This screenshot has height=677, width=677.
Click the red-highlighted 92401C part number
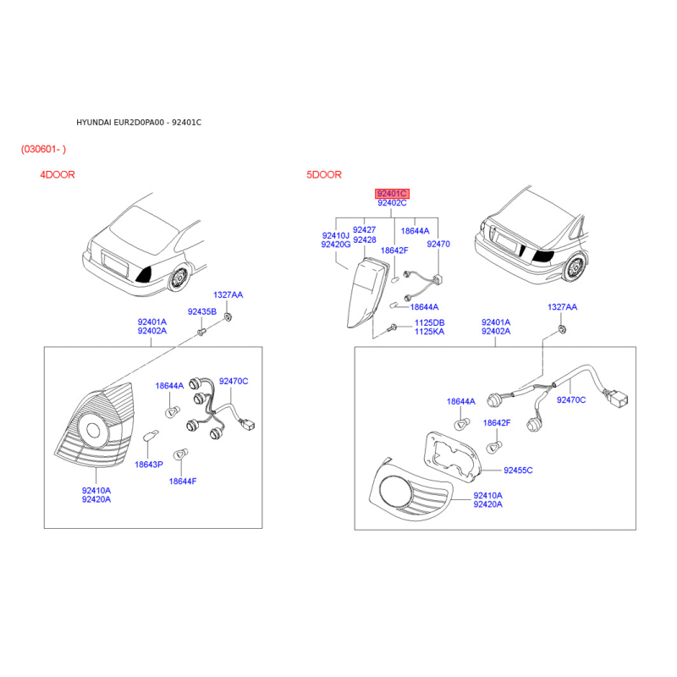click(391, 193)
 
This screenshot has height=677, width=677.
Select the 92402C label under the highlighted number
click(391, 203)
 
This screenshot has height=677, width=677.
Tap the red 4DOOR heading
click(58, 175)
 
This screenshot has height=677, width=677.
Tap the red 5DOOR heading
click(324, 175)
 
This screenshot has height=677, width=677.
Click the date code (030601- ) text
click(44, 149)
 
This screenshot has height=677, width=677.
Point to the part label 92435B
click(202, 311)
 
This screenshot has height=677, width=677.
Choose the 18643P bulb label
click(148, 465)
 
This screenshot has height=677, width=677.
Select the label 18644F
click(182, 482)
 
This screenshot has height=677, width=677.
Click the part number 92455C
click(519, 470)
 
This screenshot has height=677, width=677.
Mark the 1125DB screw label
click(429, 323)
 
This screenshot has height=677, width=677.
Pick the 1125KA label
click(429, 333)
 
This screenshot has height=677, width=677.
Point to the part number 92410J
click(336, 235)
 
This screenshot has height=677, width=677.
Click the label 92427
click(365, 230)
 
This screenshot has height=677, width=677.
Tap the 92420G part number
click(336, 245)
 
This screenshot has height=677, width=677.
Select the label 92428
click(365, 240)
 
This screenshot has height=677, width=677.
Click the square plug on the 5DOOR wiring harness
click(619, 397)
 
